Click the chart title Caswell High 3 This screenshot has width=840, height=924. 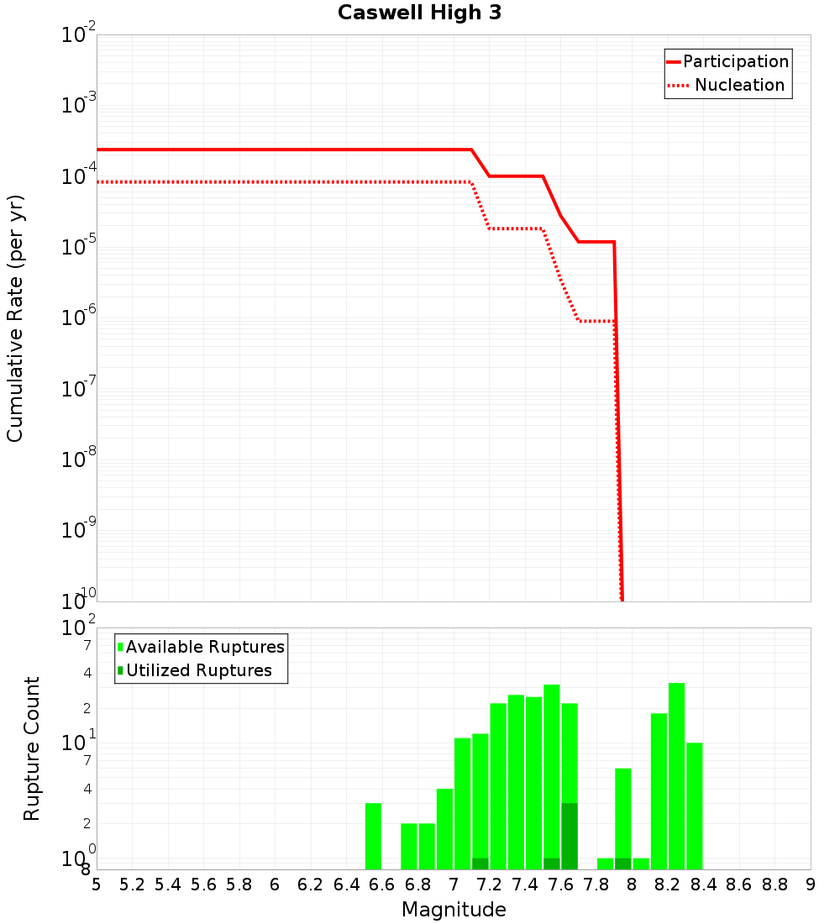(x=419, y=13)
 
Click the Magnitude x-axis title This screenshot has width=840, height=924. (x=454, y=910)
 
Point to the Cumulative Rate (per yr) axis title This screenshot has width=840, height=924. (x=15, y=318)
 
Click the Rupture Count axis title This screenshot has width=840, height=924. (x=32, y=748)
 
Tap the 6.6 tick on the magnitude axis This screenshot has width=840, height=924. (x=382, y=885)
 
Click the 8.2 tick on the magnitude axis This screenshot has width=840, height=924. (x=668, y=885)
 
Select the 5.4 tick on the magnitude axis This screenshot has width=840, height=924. (x=168, y=885)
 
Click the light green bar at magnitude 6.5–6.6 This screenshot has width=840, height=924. (x=373, y=836)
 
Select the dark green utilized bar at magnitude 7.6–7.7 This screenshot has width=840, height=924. (x=570, y=836)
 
